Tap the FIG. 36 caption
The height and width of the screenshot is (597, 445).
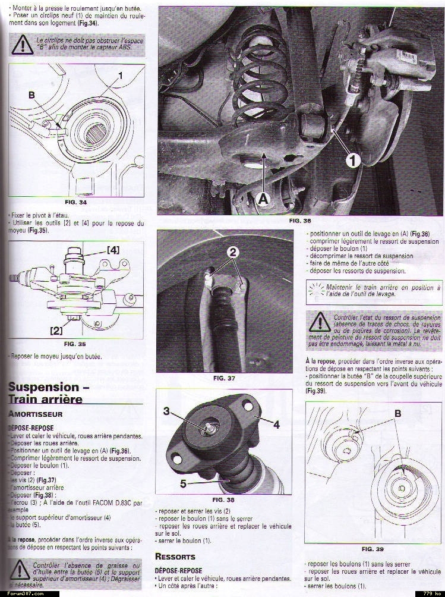point(299,221)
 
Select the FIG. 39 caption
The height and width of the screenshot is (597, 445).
point(372,548)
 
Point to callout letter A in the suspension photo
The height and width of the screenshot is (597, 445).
point(263,200)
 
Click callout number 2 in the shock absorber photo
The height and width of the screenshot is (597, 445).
point(233,252)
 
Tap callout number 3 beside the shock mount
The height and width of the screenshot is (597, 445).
point(167,411)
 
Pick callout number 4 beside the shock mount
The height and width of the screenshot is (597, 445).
point(276,424)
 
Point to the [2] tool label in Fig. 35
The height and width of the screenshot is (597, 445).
point(56,329)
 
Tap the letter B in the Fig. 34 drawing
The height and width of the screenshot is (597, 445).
point(31,95)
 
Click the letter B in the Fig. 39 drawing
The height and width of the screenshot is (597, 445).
point(397,413)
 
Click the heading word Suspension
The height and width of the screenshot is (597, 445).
point(43,387)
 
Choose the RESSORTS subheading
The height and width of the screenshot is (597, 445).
point(175,557)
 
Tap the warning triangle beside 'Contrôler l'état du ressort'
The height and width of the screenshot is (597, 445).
point(320,322)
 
